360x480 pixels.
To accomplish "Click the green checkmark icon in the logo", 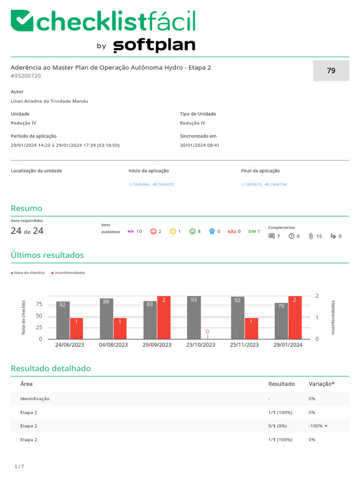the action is coord(22,21).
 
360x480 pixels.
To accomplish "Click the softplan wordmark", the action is coord(154,45).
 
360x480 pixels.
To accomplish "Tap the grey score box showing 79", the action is coord(331,71).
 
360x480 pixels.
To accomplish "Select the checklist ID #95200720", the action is coord(26,76).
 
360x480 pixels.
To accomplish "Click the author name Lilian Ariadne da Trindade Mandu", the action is coord(49,101).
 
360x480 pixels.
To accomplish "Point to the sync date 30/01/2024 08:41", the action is coord(200,145).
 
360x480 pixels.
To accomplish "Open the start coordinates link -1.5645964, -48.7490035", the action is coord(151,184).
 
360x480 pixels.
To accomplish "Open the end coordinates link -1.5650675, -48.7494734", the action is coord(263,184).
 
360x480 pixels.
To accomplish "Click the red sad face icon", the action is coord(153,232).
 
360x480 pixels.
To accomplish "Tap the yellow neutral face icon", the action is coord(173,232).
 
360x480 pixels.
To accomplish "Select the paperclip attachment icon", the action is coord(311,236).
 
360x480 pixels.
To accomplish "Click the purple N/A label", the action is coord(131,232).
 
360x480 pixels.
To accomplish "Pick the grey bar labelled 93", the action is coord(194,317).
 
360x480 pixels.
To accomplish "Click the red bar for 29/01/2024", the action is coord(295,317).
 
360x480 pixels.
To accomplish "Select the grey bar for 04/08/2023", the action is coord(106,319).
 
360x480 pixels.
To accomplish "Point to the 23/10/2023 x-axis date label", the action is coord(201,345).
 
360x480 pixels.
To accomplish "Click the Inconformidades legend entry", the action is coord(68,273).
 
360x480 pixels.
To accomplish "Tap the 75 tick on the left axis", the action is coord(39,304).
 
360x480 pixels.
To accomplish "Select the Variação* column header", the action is coord(322,384).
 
